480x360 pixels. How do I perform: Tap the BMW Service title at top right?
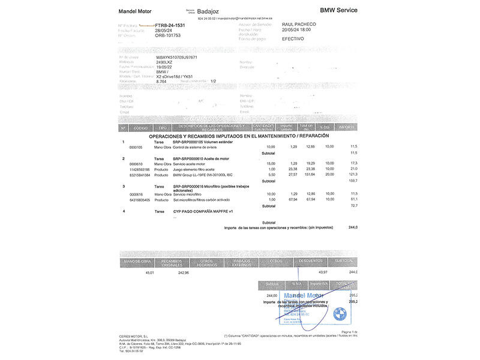click(x=338, y=10)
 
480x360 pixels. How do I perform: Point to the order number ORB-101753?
click(x=168, y=35)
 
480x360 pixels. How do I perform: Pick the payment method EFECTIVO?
click(x=293, y=38)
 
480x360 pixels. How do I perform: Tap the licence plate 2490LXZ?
click(x=164, y=62)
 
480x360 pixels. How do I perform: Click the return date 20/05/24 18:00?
click(x=296, y=29)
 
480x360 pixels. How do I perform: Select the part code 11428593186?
click(x=140, y=169)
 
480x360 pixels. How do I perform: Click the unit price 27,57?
click(x=293, y=175)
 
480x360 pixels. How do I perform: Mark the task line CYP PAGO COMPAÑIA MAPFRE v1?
click(x=202, y=211)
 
